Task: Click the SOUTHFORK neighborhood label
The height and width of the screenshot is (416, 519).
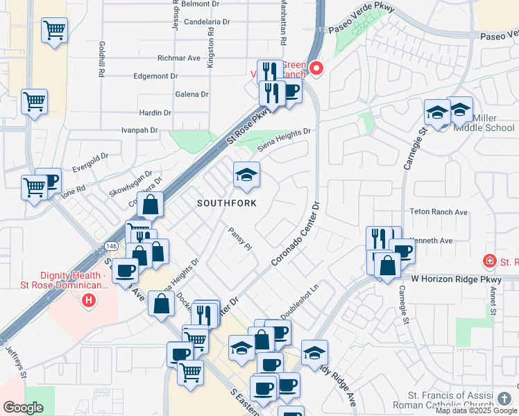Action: (227, 203)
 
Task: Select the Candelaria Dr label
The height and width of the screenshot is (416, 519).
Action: (207, 22)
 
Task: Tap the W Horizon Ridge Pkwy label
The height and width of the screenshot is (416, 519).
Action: (455, 279)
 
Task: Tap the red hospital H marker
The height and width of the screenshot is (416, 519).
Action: (88, 300)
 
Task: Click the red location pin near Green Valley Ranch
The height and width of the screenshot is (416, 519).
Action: (316, 68)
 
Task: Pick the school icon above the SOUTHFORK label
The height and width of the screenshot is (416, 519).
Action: (246, 175)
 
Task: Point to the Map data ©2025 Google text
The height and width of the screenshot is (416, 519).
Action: (476, 410)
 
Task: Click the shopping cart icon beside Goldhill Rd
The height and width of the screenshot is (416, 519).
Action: (54, 30)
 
